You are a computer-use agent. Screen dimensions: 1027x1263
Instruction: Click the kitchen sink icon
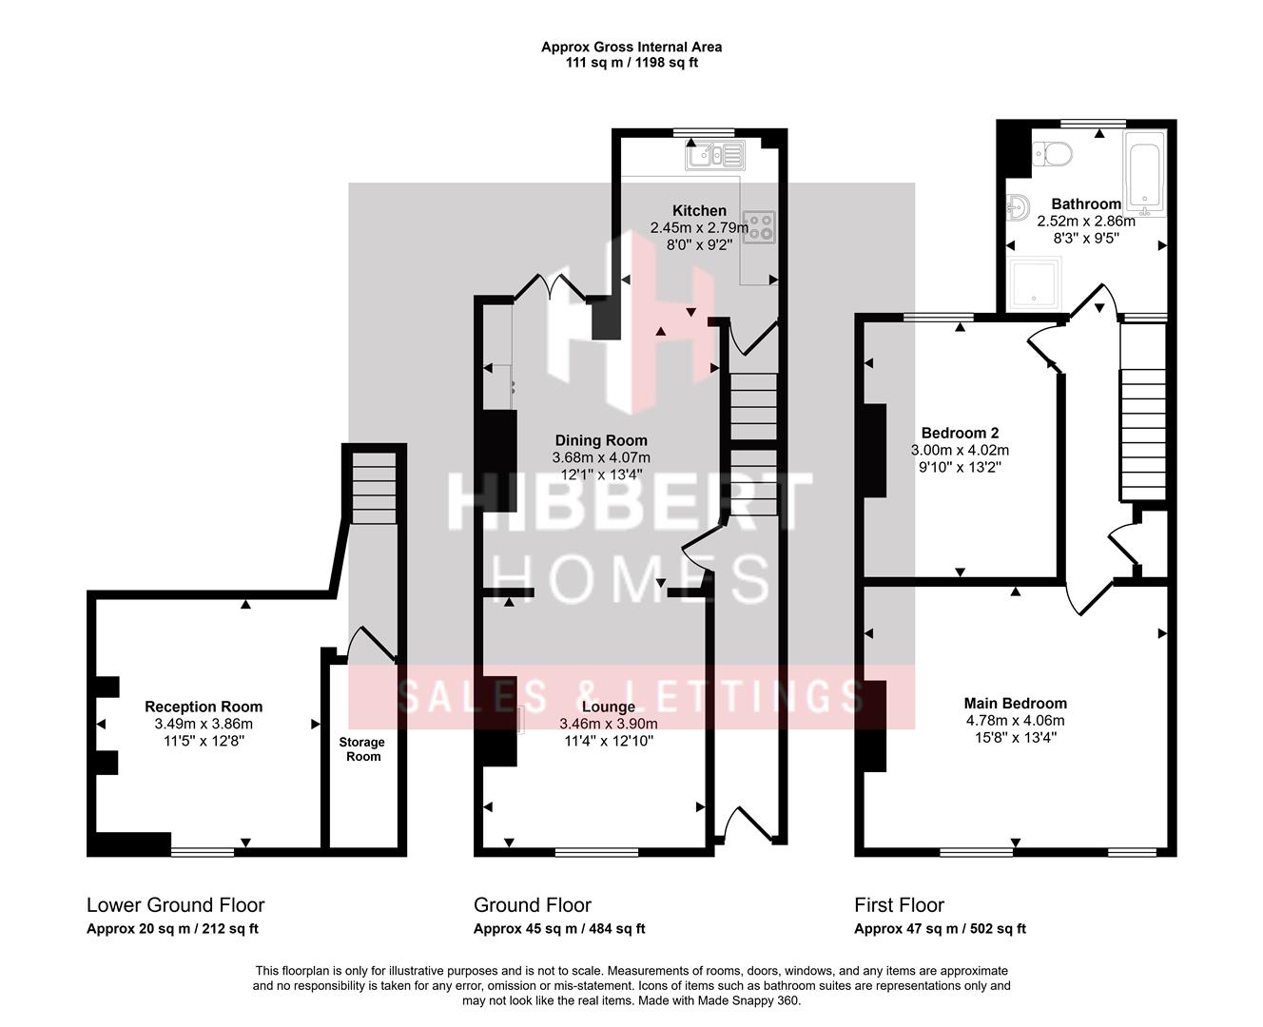(x=716, y=154)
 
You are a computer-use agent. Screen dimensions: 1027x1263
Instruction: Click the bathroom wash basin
(x=1018, y=206)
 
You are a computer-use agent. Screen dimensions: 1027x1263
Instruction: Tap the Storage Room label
(x=362, y=749)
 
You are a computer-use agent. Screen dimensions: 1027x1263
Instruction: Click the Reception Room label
(x=204, y=707)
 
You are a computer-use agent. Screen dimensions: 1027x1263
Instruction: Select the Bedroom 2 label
(x=960, y=433)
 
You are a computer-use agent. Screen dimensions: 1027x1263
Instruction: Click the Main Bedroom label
(x=1015, y=704)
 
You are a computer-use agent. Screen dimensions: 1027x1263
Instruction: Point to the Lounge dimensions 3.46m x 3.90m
(x=608, y=724)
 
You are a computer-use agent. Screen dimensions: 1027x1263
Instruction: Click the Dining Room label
(x=601, y=440)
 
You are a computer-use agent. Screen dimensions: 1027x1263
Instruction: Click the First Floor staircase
(x=1142, y=434)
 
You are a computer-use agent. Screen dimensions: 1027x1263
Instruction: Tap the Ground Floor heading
(x=532, y=905)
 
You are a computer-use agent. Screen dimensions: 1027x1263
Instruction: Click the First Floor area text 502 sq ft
(x=998, y=929)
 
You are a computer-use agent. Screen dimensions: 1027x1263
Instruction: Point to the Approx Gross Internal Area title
(x=631, y=47)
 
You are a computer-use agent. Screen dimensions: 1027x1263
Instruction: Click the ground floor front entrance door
(x=748, y=824)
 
